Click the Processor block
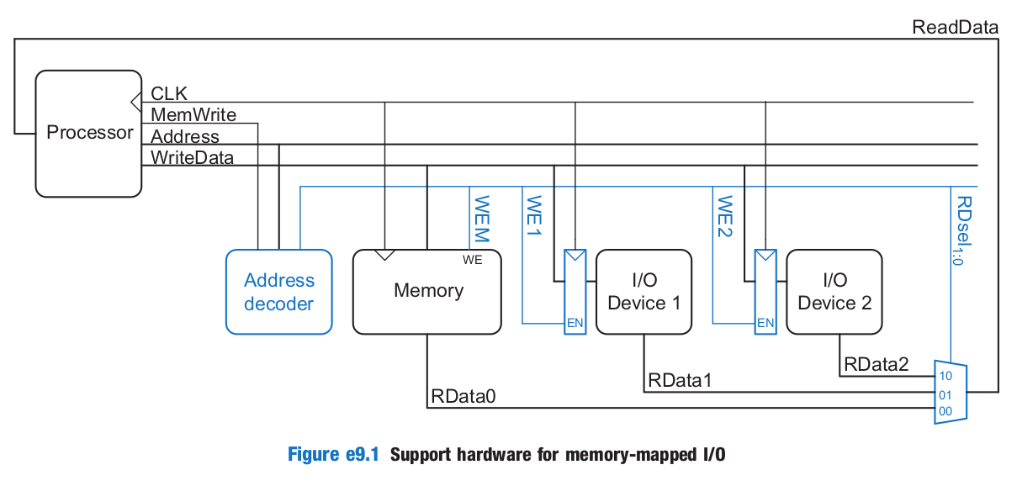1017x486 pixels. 89,133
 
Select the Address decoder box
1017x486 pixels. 278,292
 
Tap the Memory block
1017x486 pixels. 428,291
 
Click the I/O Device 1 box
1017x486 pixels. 644,291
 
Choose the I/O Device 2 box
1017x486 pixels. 834,291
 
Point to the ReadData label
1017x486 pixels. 955,27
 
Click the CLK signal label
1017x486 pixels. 169,92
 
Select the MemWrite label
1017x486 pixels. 193,114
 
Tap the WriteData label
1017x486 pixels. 192,156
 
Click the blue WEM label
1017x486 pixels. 481,219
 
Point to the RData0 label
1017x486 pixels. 463,395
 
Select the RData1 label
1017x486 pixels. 680,380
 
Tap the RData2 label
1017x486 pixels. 877,364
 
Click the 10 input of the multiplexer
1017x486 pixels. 945,376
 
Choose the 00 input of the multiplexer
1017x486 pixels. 945,411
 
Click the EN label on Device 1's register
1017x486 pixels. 575,323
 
